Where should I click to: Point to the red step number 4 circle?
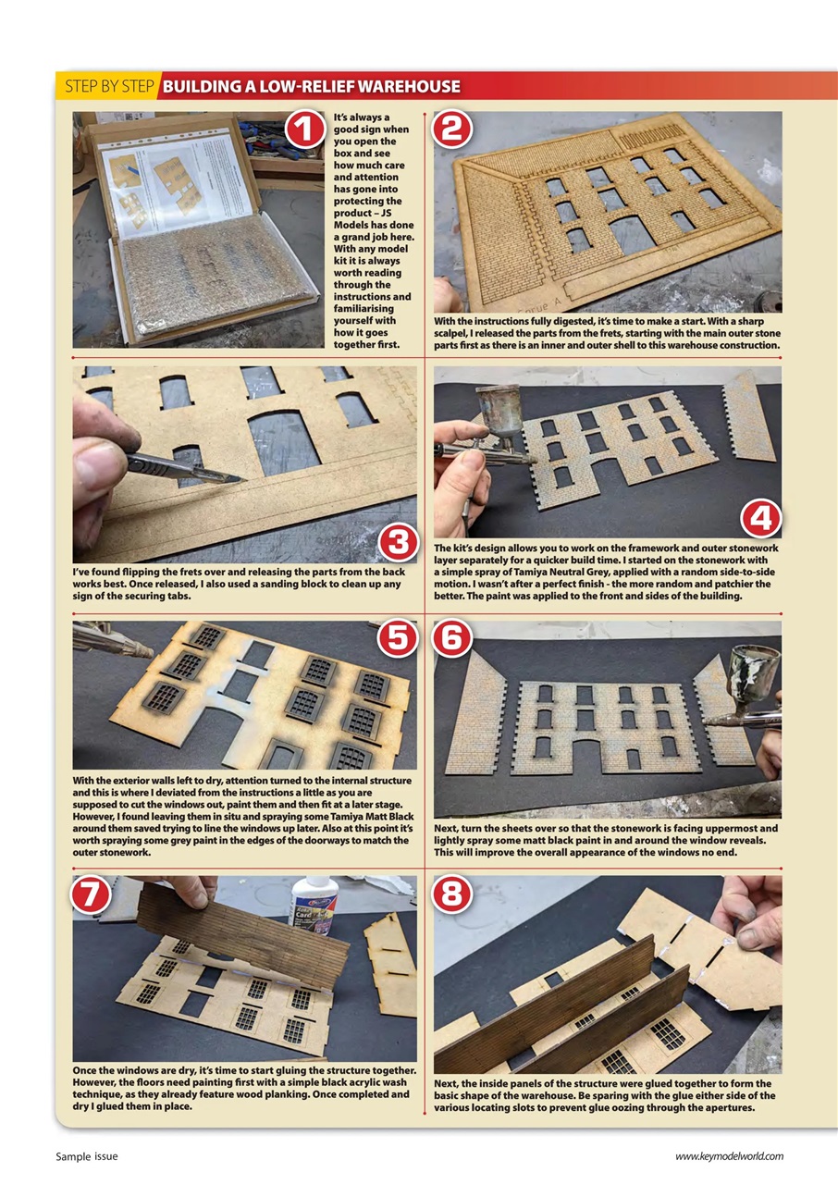(761, 521)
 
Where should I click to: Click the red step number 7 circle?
(91, 894)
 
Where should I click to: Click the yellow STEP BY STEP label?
(108, 87)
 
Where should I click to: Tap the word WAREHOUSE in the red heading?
(408, 87)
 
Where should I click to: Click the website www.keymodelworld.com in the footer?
(729, 1156)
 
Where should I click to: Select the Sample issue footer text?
(87, 1156)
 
